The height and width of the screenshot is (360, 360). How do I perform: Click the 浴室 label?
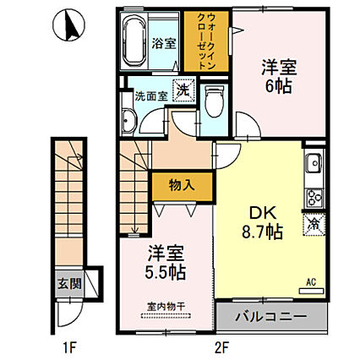click(x=164, y=43)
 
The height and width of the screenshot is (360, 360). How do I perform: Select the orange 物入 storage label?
click(x=179, y=184)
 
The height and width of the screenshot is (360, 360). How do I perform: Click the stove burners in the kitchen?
click(x=314, y=199)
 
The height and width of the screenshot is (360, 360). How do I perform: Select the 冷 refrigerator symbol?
click(x=312, y=226)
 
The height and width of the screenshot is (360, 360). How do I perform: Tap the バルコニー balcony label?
click(x=271, y=317)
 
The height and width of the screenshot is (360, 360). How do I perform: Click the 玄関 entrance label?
click(x=70, y=282)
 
